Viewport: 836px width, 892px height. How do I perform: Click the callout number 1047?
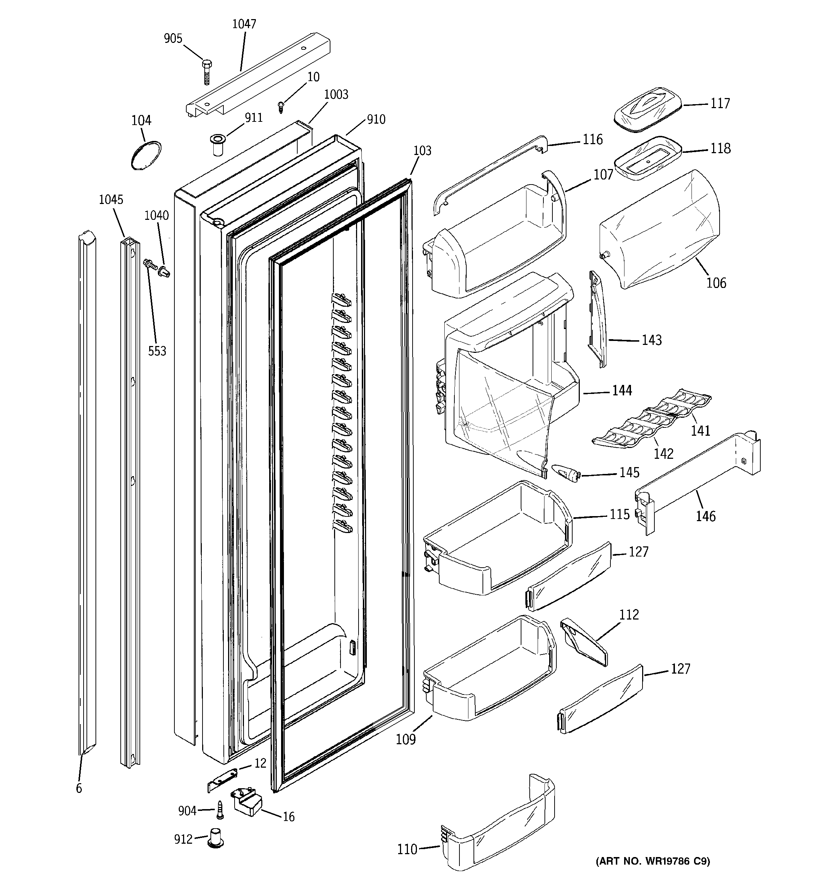pos(244,24)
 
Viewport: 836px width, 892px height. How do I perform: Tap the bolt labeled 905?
pos(207,72)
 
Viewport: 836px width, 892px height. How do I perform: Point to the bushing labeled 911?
pos(218,143)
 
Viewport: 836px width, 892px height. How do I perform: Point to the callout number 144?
pos(622,391)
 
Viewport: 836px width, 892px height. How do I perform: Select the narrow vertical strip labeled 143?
pos(597,319)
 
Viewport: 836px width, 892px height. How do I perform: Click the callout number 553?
pos(157,351)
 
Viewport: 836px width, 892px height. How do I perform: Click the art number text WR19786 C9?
pos(653,861)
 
